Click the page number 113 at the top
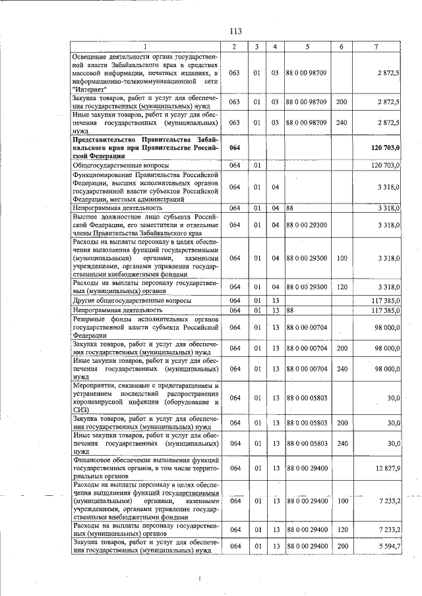[236, 31]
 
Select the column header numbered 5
[307, 46]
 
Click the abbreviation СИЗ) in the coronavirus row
[81, 409]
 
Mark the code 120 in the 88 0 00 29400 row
[342, 529]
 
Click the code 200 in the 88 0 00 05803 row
[342, 422]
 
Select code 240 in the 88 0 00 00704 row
[342, 369]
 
